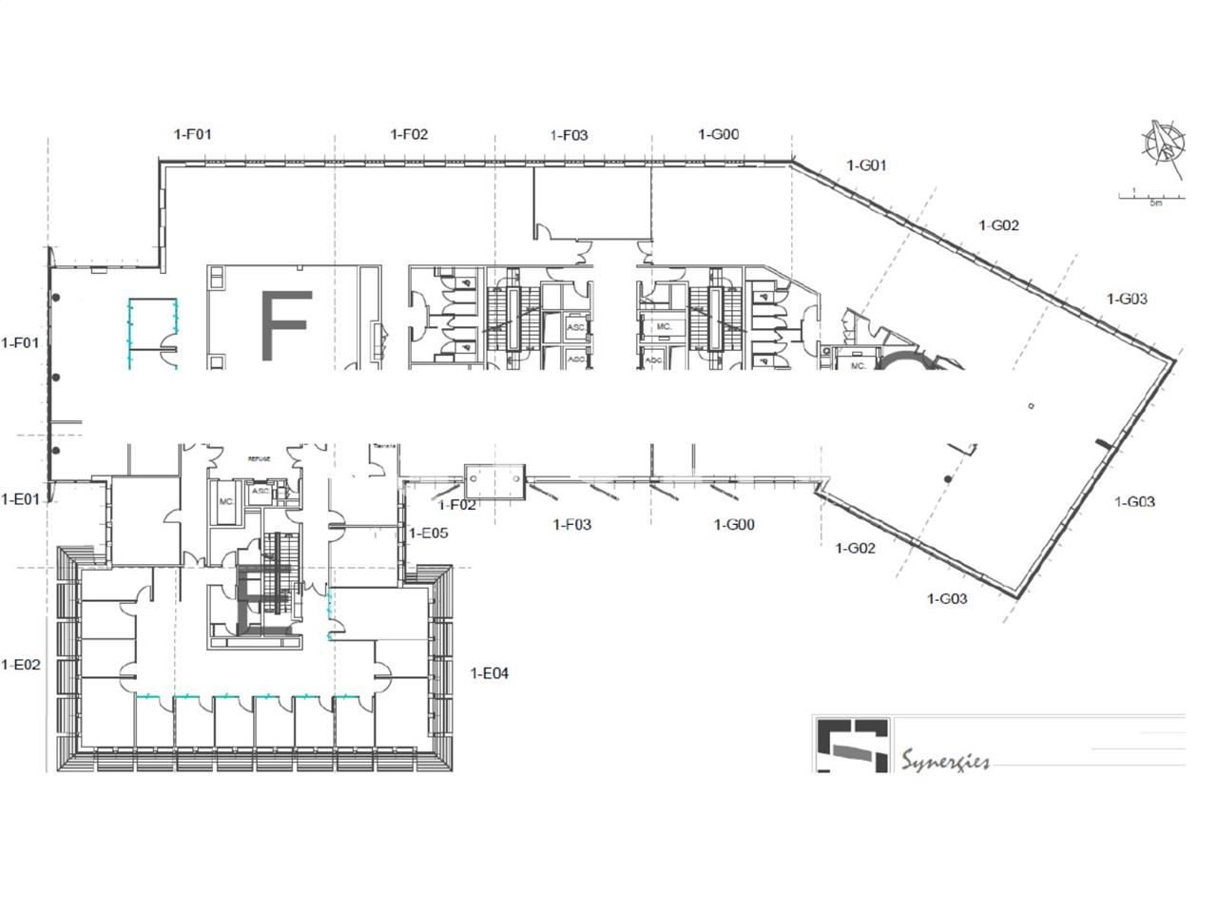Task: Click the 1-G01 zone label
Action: click(866, 165)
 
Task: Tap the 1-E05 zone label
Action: click(428, 534)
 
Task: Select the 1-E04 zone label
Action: click(490, 673)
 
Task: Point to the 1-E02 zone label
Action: click(21, 665)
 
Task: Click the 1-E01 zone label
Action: click(21, 498)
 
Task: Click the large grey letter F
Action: click(285, 325)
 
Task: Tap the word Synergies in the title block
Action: click(945, 761)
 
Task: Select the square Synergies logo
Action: click(852, 744)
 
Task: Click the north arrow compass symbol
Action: click(1164, 146)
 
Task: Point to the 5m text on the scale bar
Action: click(1155, 203)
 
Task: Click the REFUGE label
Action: click(260, 458)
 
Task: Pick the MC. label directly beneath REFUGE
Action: click(226, 501)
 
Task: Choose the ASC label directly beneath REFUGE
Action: click(260, 492)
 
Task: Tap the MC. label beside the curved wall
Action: click(858, 365)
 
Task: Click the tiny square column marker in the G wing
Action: click(1032, 406)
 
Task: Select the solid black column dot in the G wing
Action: click(946, 478)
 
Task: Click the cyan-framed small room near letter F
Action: click(152, 331)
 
